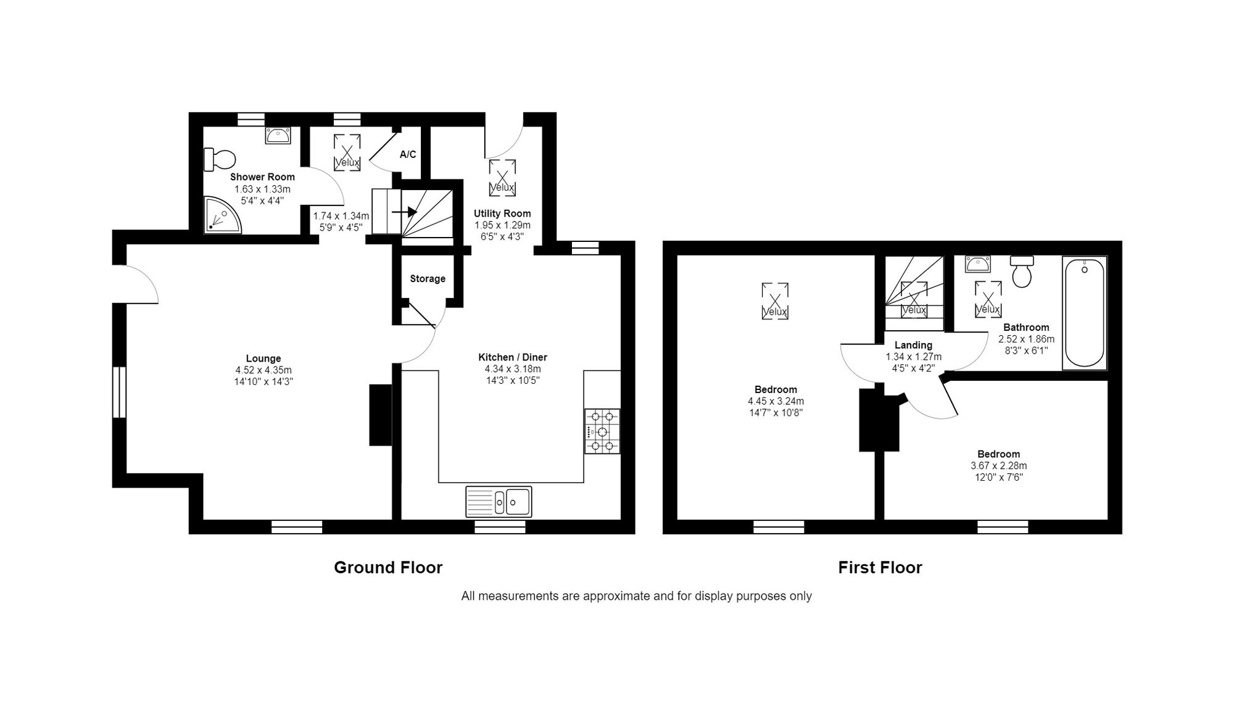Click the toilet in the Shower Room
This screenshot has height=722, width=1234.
219,159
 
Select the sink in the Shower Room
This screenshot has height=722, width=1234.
278,135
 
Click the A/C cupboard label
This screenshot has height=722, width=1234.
408,154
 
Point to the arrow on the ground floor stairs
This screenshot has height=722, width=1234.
405,212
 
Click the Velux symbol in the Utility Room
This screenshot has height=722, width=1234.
502,178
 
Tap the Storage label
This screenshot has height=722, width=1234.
428,279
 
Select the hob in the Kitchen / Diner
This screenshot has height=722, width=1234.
602,431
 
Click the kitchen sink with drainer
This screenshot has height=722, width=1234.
499,501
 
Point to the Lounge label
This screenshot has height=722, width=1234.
263,359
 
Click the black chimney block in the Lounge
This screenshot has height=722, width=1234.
381,415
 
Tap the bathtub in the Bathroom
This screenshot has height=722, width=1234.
1085,313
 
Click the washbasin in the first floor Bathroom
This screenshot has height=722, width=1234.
978,264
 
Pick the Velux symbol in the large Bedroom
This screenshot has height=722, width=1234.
775,301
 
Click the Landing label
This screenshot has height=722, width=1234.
914,346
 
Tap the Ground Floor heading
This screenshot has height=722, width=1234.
388,568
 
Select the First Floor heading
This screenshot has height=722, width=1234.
880,568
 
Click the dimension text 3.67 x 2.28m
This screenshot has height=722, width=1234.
999,466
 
